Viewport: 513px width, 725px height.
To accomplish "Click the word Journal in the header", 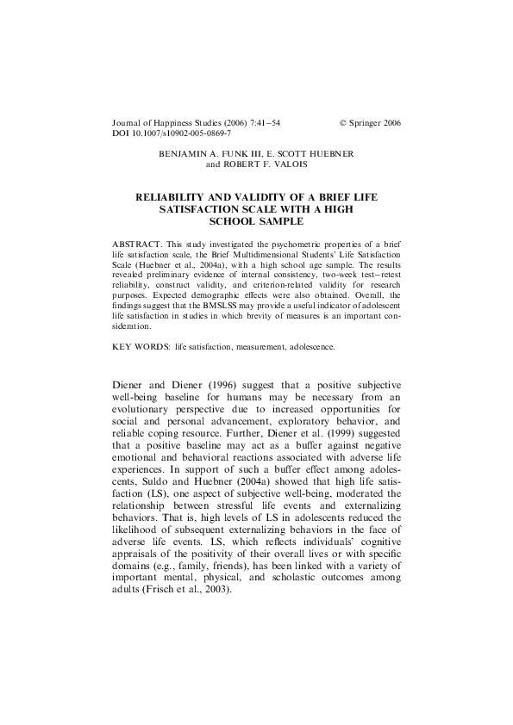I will tap(128, 123).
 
